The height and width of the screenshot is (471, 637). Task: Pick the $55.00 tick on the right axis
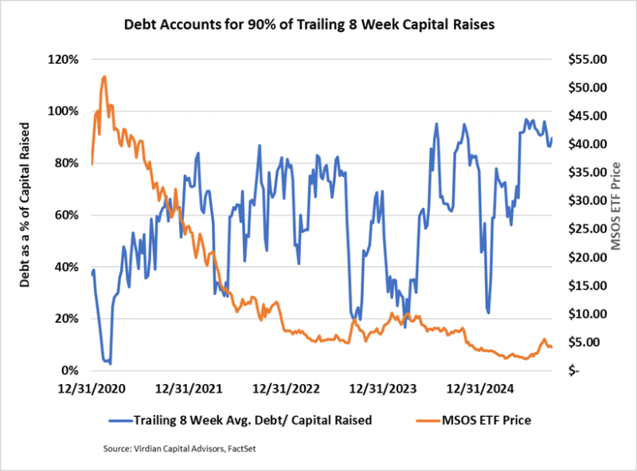(585, 60)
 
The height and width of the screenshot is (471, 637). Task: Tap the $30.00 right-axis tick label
(585, 201)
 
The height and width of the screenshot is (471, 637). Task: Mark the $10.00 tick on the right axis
(585, 314)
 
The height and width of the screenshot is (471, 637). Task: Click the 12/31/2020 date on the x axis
(92, 390)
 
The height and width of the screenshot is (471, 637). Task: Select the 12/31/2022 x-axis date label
(285, 390)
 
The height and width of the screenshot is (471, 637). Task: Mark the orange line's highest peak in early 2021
(104, 77)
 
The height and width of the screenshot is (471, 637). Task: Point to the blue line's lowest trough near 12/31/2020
(110, 363)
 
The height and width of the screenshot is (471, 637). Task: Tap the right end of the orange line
(552, 347)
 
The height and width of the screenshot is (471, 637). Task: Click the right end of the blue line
(552, 137)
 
